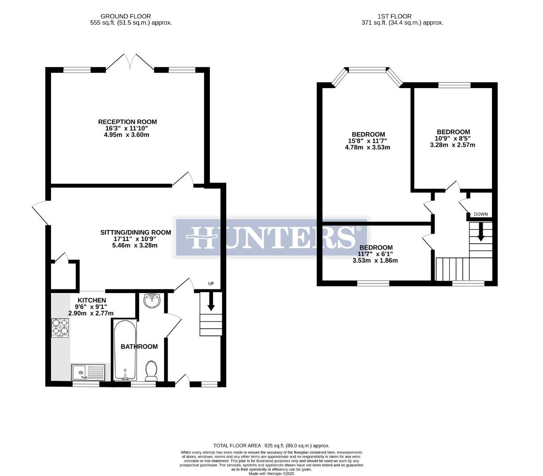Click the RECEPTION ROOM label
tap(127, 122)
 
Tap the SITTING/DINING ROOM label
tap(135, 232)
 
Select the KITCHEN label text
tap(92, 300)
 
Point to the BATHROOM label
tap(139, 346)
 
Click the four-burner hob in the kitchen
tap(61, 327)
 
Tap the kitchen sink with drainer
tap(88, 372)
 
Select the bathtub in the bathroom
tap(125, 350)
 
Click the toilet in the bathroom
tap(151, 371)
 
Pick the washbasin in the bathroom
tap(152, 301)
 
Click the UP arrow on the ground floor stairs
tap(211, 301)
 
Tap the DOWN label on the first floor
tap(481, 214)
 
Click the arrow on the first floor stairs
tap(481, 231)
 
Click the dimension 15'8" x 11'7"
tap(367, 141)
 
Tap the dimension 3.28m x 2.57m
tap(452, 145)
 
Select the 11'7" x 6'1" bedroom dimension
tap(375, 254)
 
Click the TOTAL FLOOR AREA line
tap(271, 446)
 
